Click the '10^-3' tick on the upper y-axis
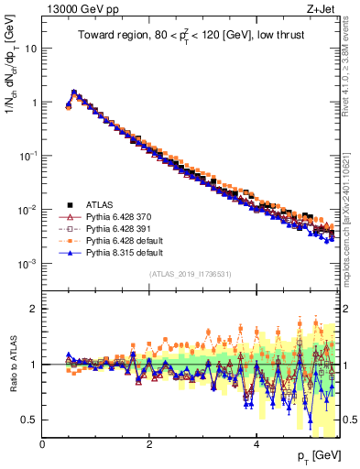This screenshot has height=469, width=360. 27,264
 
